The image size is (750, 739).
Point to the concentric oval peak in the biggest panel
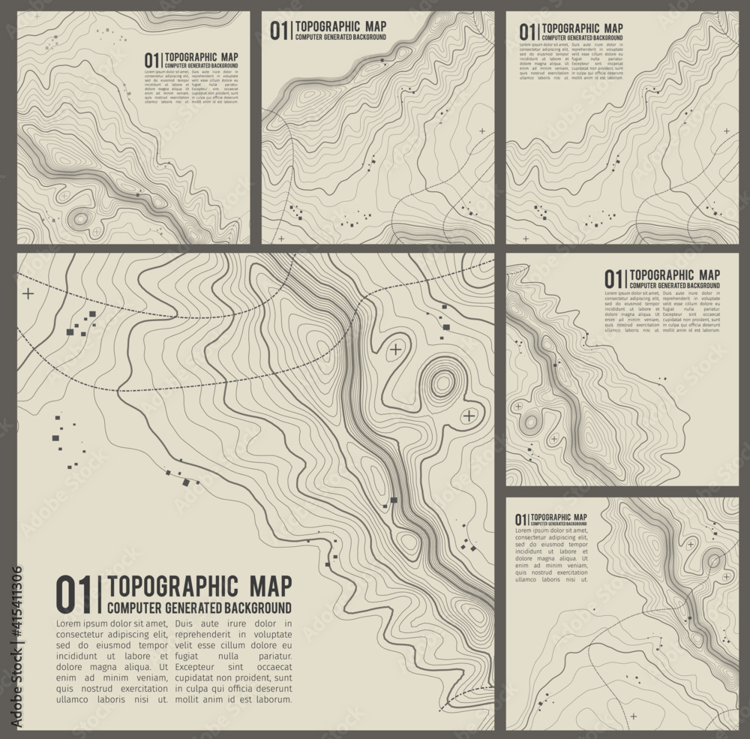442,383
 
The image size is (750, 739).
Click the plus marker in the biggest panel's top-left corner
28,293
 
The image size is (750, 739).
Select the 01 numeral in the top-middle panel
278,30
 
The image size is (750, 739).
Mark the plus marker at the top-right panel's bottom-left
525,239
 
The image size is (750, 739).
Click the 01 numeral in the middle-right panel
613,279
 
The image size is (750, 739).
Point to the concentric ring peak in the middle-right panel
531,422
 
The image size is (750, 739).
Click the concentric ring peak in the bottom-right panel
714,560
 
